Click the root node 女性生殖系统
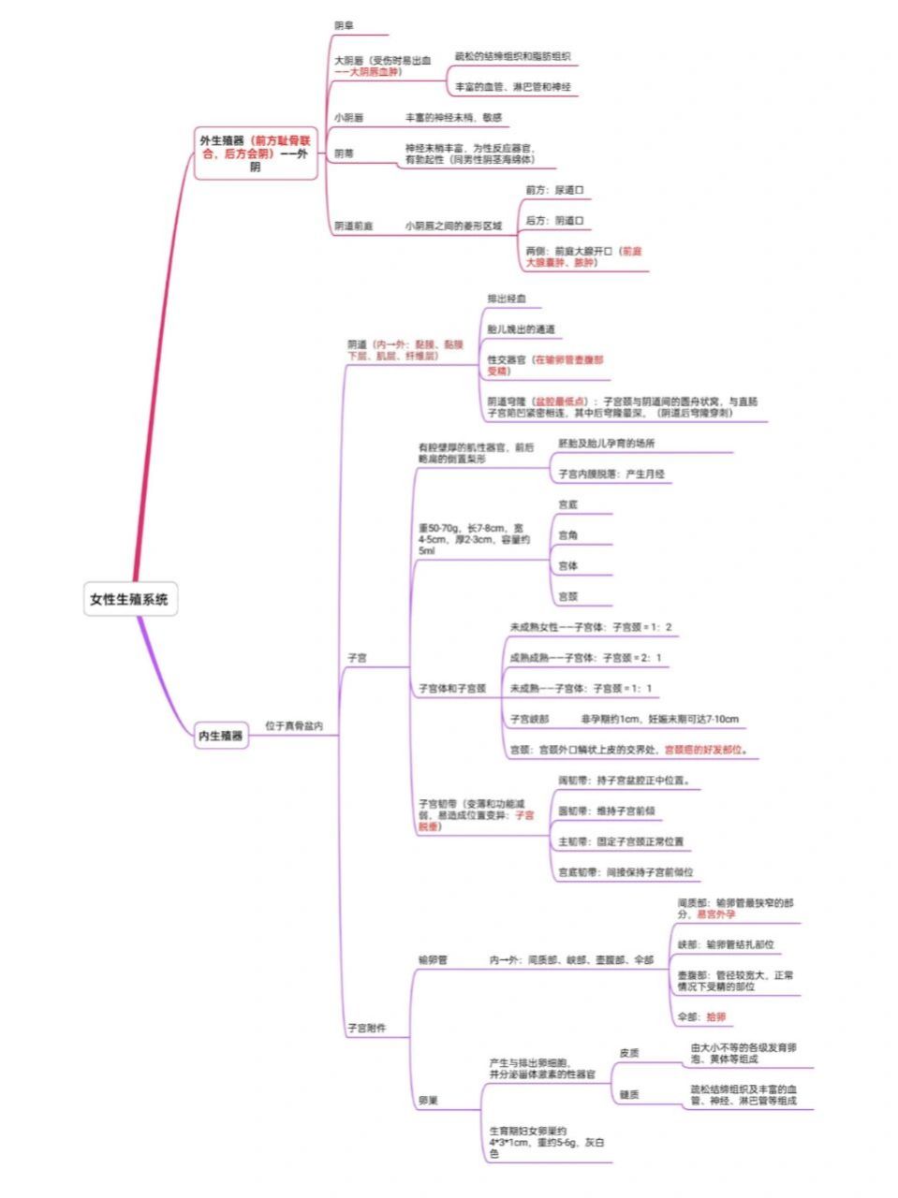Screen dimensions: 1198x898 coord(129,600)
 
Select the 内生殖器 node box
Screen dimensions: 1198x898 coord(220,736)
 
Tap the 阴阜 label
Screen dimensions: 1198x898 coord(344,25)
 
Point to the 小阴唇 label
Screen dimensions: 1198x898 coord(349,118)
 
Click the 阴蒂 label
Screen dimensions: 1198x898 coord(344,153)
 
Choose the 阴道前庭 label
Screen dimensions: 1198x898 coord(354,226)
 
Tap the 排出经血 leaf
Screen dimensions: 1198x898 coord(507,299)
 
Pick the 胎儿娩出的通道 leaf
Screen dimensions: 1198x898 coord(521,329)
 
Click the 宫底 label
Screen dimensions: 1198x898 coord(567,504)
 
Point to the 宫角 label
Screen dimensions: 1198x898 coord(567,535)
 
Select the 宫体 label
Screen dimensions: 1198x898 coord(567,566)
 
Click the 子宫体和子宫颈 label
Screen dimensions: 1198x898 coord(451,689)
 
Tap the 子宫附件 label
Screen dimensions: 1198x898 coord(366,1028)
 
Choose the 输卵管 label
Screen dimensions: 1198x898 coord(433,959)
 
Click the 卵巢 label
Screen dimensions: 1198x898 coord(427,1101)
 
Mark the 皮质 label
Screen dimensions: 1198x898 coord(629,1053)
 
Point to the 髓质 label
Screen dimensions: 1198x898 coord(629,1094)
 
